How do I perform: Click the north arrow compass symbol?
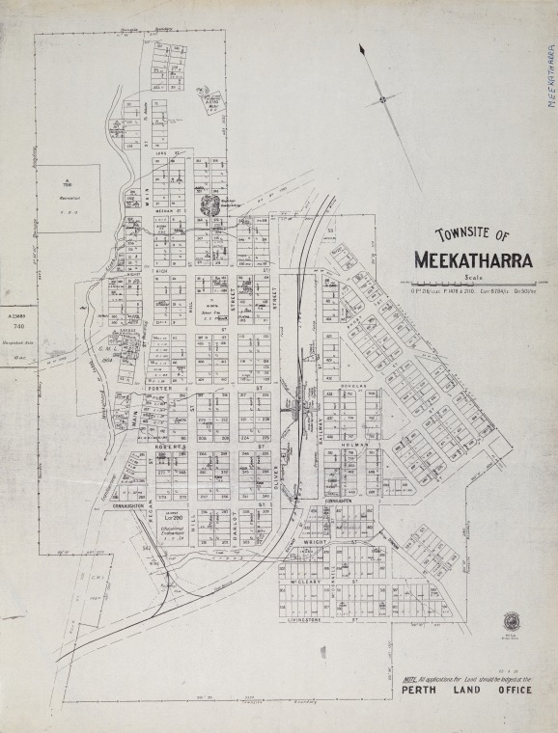click(383, 98)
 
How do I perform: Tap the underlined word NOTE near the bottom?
click(410, 682)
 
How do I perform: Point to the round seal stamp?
click(511, 621)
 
